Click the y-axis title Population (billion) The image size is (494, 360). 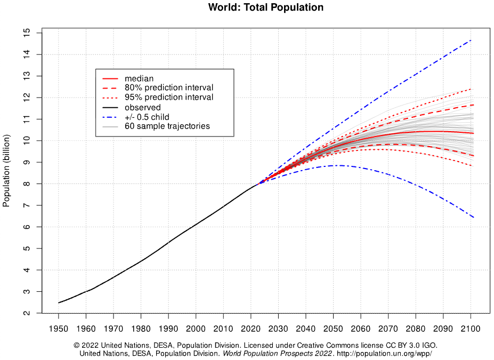coord(7,174)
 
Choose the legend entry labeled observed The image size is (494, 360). coord(142,107)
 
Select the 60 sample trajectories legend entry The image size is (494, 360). coord(167,126)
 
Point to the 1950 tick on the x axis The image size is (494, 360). coord(59,328)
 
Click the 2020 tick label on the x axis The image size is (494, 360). coord(250,328)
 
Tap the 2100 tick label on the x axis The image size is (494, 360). coord(471,328)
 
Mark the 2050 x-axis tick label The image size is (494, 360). coord(333,328)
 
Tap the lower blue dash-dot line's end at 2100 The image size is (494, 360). coord(473,217)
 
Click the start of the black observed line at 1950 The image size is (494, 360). coord(59,303)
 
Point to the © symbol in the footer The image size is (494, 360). coord(77,346)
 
